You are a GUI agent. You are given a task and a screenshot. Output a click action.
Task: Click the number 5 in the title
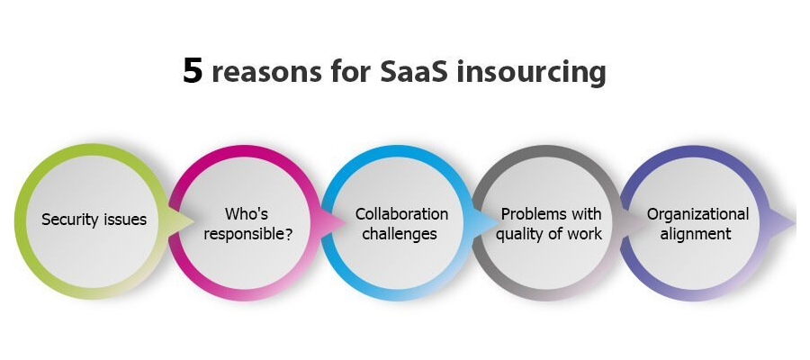coord(193,71)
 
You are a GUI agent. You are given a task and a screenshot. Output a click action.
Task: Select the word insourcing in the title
coord(532,73)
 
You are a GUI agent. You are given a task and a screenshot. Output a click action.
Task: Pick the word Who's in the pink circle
coord(247,213)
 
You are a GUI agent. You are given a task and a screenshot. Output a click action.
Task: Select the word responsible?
coord(248,234)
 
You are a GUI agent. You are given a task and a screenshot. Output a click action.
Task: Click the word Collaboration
coord(401,213)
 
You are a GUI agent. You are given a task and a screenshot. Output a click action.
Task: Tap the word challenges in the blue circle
coord(400,234)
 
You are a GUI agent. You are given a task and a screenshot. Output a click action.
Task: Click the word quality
coord(517,235)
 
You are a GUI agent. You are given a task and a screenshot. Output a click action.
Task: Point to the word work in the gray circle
coord(584,233)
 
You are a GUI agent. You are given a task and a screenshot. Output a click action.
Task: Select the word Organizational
coord(697,214)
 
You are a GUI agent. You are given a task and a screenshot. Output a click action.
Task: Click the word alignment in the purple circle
coord(696,234)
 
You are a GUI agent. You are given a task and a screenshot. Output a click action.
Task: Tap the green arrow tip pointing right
coord(193,222)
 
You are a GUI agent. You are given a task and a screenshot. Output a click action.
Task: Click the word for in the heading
coord(351,71)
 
